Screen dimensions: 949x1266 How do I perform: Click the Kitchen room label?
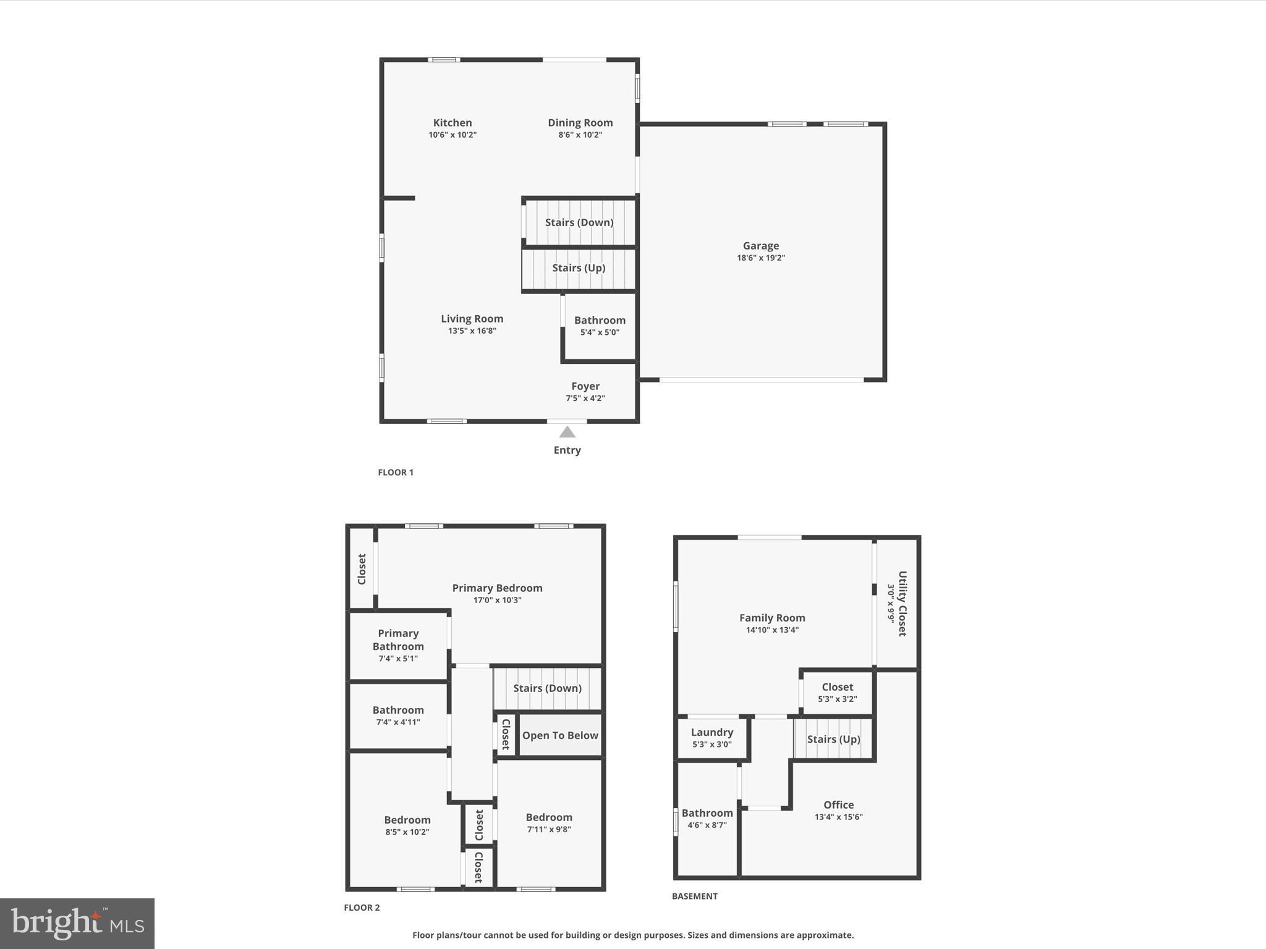click(x=452, y=123)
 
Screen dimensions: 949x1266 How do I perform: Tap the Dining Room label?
click(x=580, y=123)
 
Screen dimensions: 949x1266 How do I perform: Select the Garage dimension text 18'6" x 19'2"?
click(x=760, y=258)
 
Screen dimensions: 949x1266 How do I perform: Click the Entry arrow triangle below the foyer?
click(x=567, y=432)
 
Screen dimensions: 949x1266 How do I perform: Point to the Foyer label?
click(x=585, y=386)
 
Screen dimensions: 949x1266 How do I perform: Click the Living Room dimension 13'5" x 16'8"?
click(x=472, y=331)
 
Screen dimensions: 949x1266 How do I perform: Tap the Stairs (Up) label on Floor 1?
click(x=578, y=268)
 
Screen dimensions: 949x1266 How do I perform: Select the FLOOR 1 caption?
click(x=396, y=472)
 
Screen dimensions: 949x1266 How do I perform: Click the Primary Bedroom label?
click(x=497, y=588)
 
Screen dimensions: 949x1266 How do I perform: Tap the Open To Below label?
click(x=560, y=735)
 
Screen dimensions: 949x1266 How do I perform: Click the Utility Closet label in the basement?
click(x=902, y=604)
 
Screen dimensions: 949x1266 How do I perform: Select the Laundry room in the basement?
click(x=712, y=738)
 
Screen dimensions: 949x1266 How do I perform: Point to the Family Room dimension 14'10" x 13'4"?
click(x=772, y=630)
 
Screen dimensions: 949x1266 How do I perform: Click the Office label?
click(x=838, y=804)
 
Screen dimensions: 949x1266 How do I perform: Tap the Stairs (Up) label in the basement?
click(x=833, y=739)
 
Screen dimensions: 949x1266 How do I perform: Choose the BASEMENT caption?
click(x=694, y=896)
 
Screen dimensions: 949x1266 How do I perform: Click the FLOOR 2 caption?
click(x=362, y=908)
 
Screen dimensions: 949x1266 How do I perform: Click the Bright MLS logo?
click(x=77, y=923)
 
